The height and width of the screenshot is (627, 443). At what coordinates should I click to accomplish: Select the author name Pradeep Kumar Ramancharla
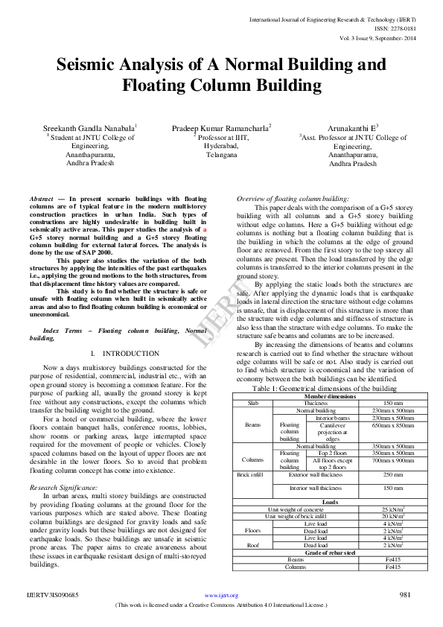(221, 129)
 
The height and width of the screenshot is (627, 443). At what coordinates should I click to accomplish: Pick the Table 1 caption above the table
(325, 389)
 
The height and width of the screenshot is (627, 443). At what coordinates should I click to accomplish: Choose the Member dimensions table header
(325, 396)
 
